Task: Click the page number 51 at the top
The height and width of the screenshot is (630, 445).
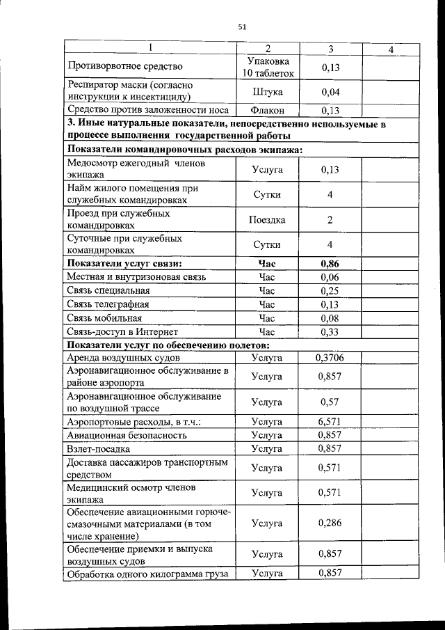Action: pos(242,27)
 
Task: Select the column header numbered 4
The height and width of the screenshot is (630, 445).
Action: pos(391,49)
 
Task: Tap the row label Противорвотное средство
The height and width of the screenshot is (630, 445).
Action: pos(124,67)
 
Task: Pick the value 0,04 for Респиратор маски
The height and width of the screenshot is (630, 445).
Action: pos(330,92)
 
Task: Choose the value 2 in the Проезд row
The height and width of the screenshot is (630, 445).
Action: pos(330,220)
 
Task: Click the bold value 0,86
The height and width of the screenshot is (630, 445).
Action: pos(330,264)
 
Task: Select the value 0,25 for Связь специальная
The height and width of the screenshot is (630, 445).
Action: pos(330,290)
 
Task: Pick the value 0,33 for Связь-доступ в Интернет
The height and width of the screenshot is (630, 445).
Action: pos(330,332)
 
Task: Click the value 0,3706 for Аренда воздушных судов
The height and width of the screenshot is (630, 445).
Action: pos(330,358)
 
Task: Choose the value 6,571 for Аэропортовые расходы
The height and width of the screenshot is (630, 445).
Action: pos(330,422)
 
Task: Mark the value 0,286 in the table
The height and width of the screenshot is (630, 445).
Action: pos(330,523)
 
